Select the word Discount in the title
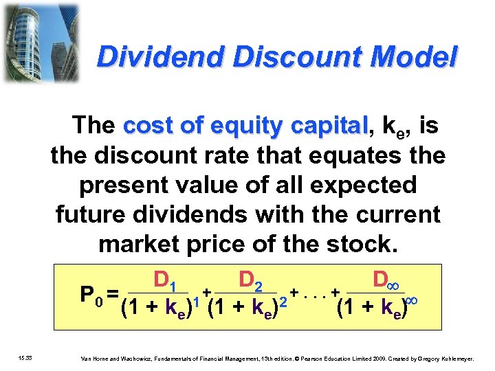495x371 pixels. click(x=281, y=58)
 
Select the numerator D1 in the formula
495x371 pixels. click(x=166, y=280)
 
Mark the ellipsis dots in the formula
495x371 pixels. click(x=315, y=293)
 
